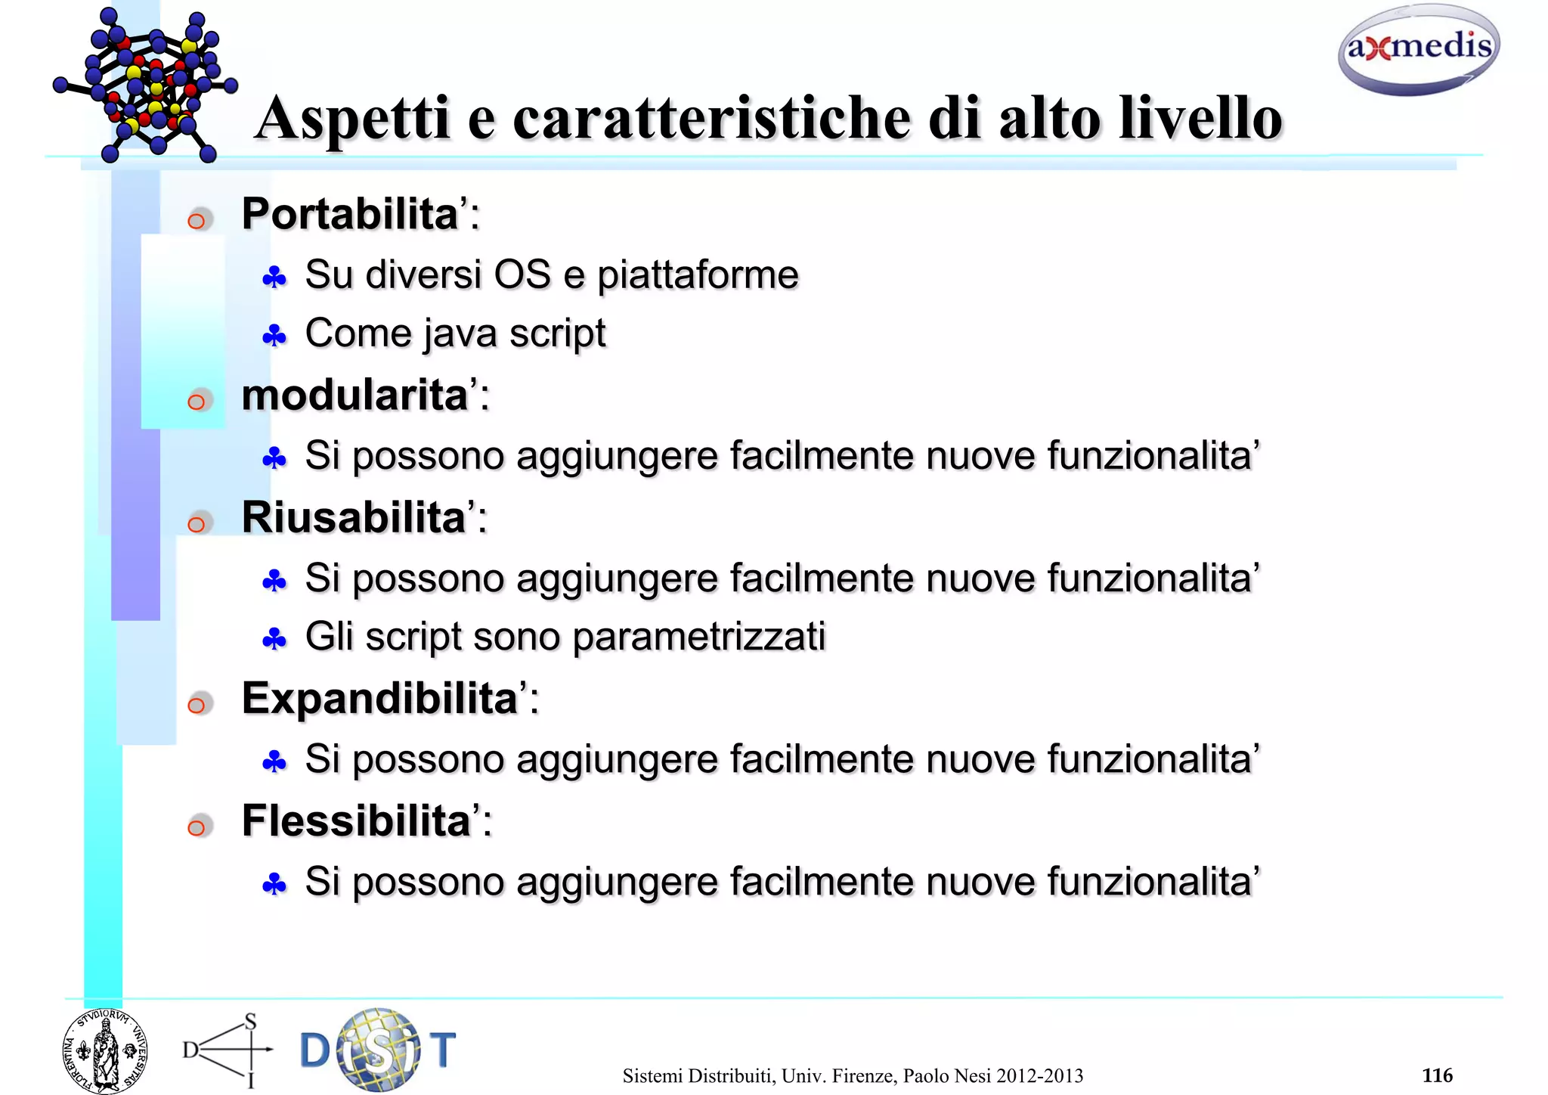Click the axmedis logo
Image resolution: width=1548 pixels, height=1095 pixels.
[1418, 50]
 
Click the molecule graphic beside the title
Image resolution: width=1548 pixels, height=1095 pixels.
[145, 85]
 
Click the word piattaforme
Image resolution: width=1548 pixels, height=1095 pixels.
[698, 275]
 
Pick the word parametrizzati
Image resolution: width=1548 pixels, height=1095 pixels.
[698, 637]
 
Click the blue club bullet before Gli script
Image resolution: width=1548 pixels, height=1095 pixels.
[274, 641]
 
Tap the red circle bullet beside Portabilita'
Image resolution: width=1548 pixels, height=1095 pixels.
[197, 221]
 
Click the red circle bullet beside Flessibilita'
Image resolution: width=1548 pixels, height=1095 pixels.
[197, 827]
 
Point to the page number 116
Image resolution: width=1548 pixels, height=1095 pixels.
[1436, 1075]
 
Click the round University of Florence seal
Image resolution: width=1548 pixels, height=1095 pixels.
[105, 1051]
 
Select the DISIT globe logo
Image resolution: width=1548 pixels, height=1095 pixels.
[378, 1050]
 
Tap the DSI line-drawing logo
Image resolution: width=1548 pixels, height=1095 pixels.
[228, 1050]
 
